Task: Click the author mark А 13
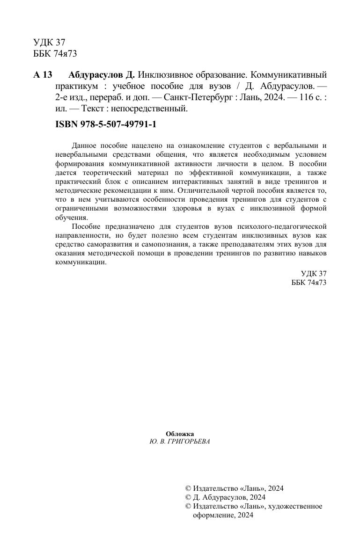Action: tap(43, 75)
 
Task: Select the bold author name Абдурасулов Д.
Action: tap(102, 75)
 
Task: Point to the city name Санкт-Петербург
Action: tap(197, 98)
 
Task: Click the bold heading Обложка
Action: tap(180, 434)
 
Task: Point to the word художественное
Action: tap(296, 506)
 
